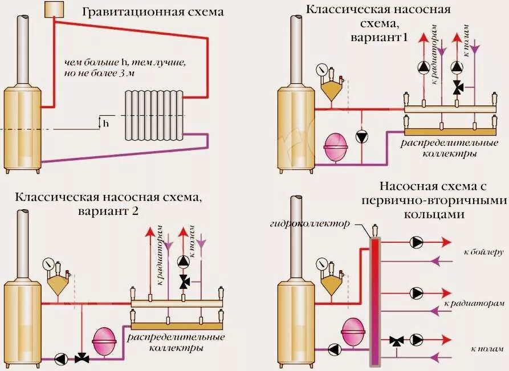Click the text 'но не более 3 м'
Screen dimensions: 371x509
(101, 74)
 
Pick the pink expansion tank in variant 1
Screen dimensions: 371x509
(335, 146)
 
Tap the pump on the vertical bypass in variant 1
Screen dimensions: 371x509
(361, 136)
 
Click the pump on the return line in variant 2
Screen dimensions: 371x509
(62, 359)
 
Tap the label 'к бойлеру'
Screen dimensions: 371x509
(484, 251)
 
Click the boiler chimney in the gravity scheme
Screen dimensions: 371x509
(23, 48)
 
